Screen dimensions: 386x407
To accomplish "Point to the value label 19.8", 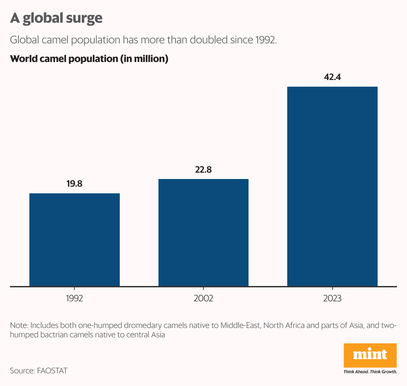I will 74,184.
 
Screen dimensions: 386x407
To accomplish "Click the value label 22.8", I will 203,170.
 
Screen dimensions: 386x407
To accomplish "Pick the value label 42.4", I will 332,77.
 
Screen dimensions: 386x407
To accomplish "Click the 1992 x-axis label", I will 74,298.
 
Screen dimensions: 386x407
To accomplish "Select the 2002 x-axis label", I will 203,298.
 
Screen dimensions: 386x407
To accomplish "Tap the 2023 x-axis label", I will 332,298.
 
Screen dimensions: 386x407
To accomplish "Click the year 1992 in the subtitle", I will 266,40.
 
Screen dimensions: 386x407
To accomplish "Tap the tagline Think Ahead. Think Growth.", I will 370,372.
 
